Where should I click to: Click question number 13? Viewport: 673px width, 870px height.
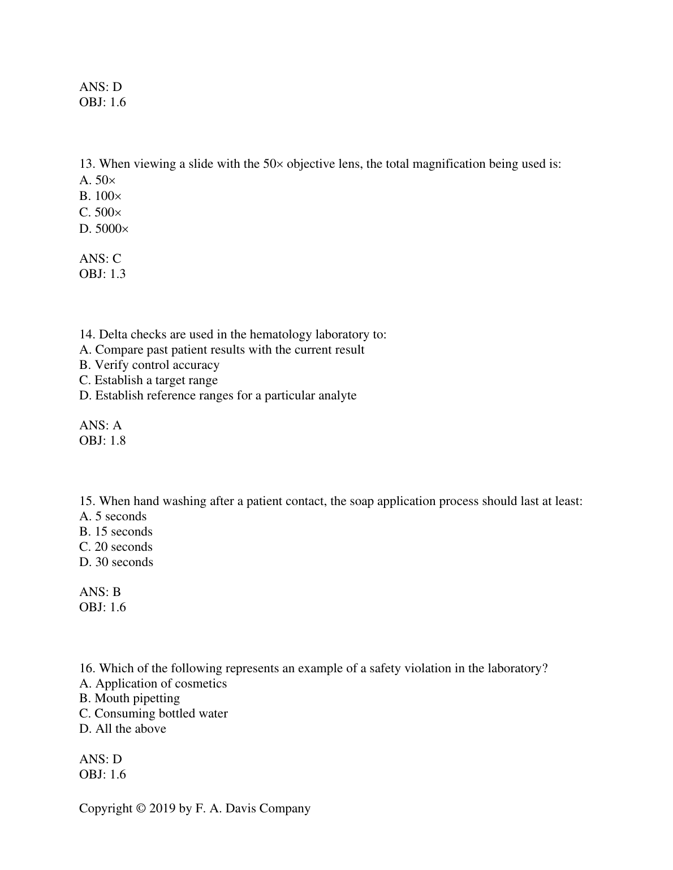coord(87,164)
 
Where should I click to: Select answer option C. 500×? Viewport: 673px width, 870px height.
coord(101,213)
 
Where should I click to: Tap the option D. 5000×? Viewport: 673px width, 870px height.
coord(104,229)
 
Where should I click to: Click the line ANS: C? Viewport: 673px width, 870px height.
coord(100,259)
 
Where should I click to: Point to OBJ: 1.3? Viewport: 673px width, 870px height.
coord(102,274)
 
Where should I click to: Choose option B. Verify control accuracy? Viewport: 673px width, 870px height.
coord(149,365)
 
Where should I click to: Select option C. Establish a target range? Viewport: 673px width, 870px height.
coord(148,380)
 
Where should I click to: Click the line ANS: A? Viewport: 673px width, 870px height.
coord(100,425)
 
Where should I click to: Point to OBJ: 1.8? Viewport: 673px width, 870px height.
coord(102,441)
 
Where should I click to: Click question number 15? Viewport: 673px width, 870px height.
coord(87,502)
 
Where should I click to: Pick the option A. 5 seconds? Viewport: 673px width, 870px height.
coord(113,517)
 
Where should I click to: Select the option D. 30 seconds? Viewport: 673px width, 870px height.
coord(116,563)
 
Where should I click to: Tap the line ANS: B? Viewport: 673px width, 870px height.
coord(100,592)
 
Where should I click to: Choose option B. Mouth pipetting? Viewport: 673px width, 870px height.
coord(130,699)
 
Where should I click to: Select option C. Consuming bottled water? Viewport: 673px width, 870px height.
coord(153,714)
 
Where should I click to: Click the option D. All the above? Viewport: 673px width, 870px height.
coord(123,729)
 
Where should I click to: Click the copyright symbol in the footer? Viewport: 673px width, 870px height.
coord(141,809)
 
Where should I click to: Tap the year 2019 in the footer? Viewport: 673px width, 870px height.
coord(162,809)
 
